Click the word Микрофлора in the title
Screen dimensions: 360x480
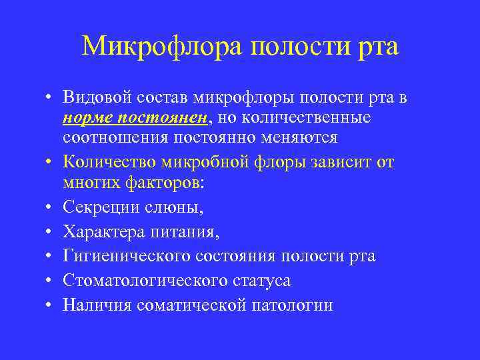(163, 47)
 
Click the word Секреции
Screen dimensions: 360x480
(100, 207)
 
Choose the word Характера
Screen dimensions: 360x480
(103, 232)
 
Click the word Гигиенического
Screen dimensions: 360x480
(125, 257)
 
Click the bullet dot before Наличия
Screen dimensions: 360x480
(50, 305)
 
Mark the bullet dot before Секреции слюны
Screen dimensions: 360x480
(50, 207)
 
